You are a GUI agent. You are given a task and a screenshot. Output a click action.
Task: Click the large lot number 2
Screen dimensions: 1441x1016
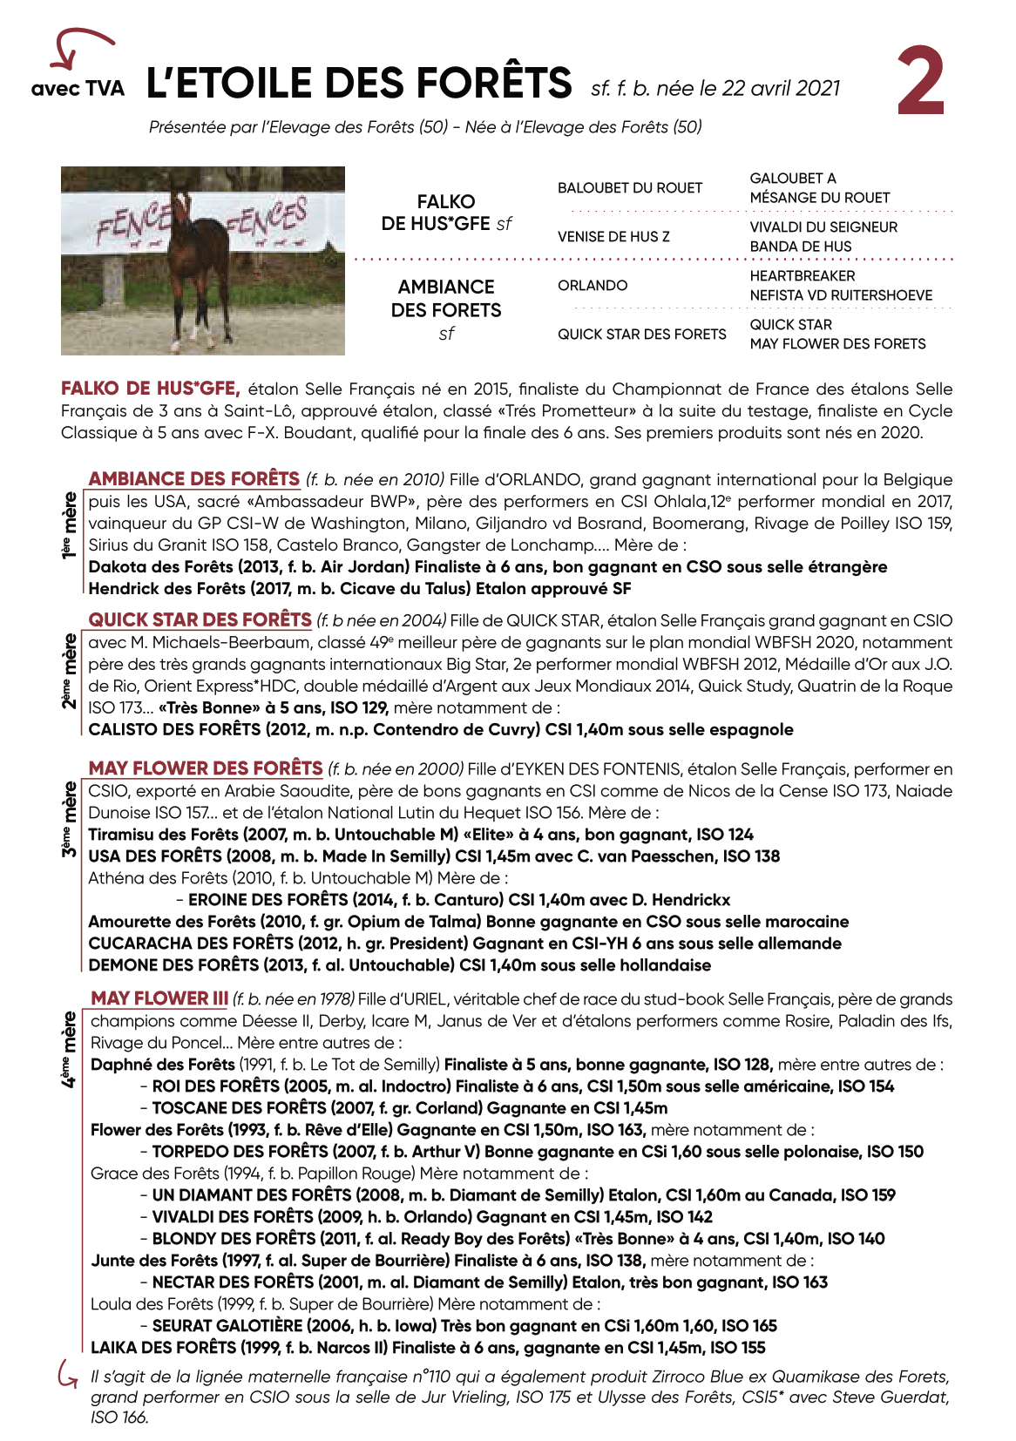point(921,83)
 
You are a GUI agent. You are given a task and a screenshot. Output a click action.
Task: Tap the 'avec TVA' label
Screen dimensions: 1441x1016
point(78,89)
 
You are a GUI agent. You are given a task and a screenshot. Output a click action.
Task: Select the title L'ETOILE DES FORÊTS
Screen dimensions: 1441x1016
point(359,84)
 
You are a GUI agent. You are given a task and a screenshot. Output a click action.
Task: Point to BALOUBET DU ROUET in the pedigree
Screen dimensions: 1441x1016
point(629,188)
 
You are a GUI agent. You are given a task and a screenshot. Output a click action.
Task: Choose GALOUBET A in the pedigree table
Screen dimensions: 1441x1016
point(792,179)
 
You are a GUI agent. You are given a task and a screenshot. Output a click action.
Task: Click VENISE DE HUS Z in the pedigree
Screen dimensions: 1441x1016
point(613,237)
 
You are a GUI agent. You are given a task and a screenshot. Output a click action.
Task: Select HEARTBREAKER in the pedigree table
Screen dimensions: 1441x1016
point(803,276)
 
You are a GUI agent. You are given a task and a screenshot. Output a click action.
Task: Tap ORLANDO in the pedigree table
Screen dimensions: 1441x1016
point(593,286)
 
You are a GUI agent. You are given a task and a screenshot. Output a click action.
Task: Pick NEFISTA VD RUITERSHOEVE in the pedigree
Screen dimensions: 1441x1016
point(841,295)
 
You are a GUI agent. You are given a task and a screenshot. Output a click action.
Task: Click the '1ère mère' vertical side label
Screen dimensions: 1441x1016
point(69,524)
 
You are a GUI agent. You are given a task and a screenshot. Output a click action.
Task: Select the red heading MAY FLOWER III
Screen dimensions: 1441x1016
point(159,998)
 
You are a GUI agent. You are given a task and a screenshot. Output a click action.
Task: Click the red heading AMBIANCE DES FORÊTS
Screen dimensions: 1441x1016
point(193,479)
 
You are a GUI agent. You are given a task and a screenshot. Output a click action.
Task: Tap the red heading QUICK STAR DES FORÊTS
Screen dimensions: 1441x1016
point(200,619)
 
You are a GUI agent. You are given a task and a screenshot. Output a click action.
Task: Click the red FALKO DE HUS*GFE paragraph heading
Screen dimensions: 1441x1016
point(150,389)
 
